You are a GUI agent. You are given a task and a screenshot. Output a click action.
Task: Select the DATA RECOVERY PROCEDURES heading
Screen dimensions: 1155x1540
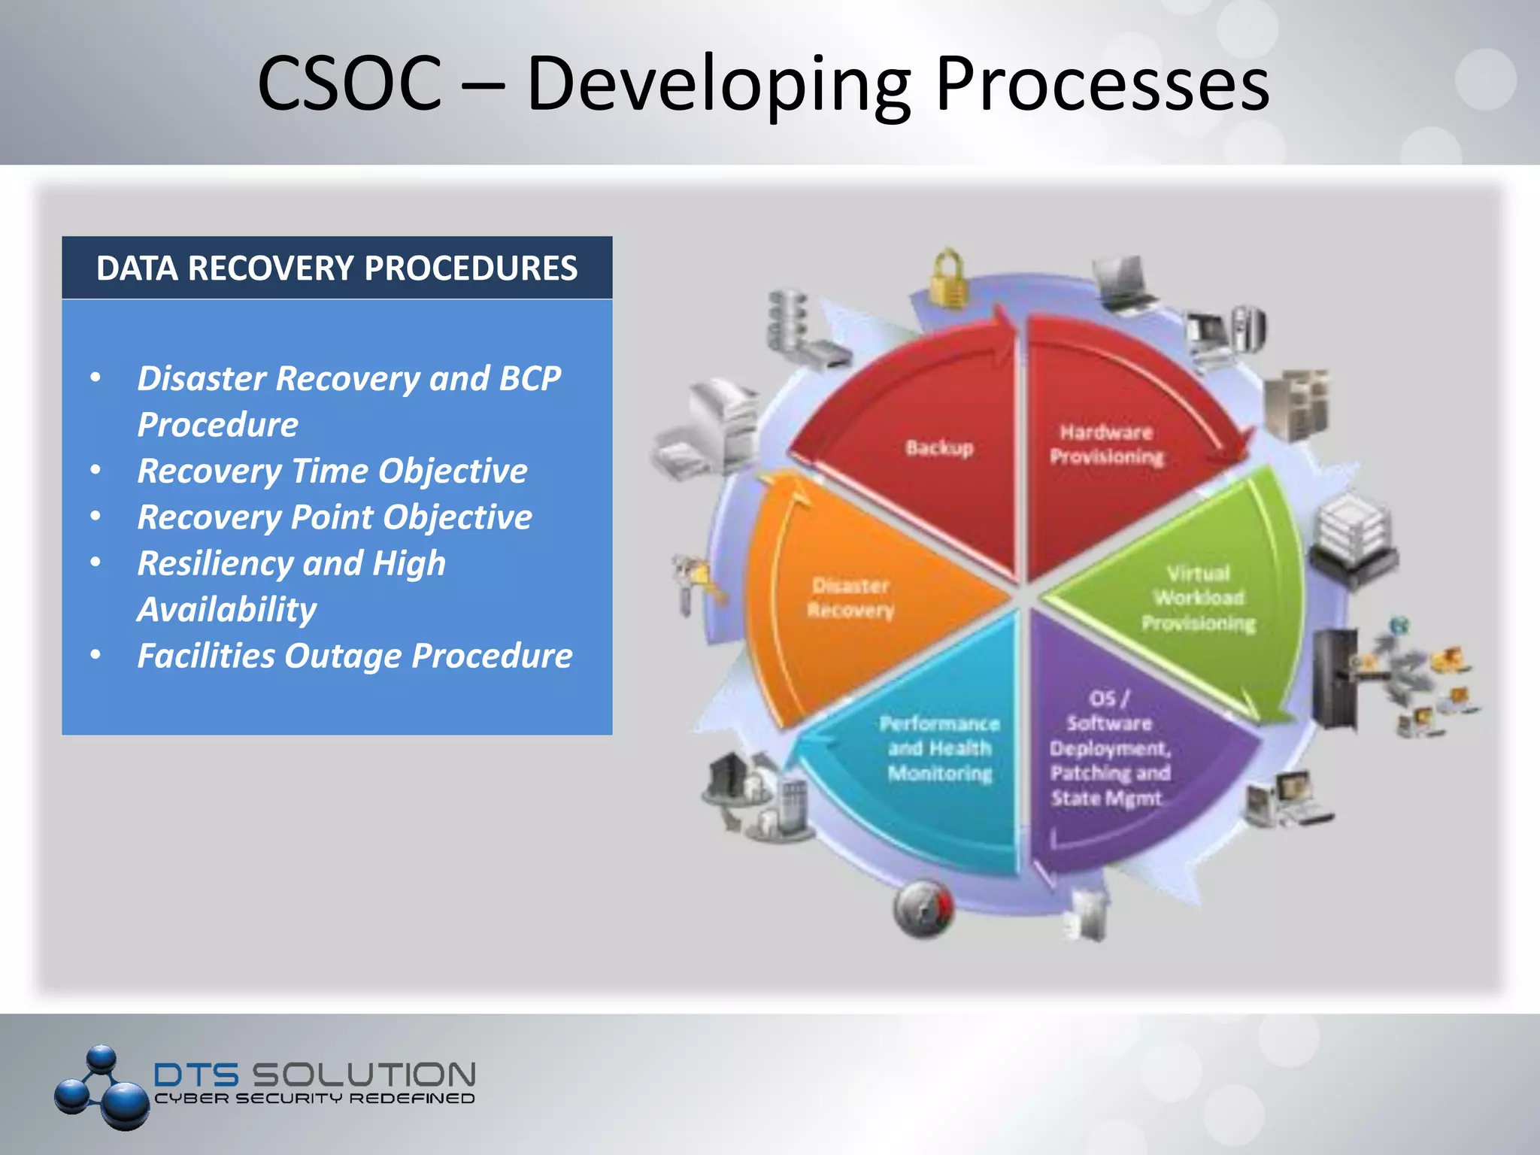pos(337,268)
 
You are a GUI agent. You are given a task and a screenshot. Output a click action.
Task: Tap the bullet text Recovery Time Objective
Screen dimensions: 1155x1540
pos(332,471)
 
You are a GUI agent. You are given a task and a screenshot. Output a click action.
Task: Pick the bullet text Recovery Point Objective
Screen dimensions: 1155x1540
pos(335,517)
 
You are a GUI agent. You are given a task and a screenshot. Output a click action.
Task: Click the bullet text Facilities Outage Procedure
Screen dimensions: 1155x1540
pos(354,656)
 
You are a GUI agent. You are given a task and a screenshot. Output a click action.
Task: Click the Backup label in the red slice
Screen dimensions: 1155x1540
pos(939,448)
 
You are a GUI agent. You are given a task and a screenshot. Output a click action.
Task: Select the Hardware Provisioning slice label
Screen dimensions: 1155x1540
pos(1106,444)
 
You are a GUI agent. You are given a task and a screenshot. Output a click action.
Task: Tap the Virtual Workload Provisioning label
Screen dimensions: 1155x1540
pos(1199,599)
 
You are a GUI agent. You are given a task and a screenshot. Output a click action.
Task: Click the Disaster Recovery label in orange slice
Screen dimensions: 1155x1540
pos(850,598)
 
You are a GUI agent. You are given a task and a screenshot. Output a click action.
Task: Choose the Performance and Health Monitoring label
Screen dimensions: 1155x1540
pos(939,748)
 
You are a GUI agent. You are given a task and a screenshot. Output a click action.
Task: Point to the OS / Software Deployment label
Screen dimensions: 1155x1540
pos(1110,748)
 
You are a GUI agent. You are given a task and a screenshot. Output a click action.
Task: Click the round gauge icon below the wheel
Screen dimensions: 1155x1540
pos(923,908)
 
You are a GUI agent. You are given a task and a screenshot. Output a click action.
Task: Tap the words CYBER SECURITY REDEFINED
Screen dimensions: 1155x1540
pos(314,1099)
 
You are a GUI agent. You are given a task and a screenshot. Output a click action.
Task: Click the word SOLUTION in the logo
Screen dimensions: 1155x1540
pos(363,1074)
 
